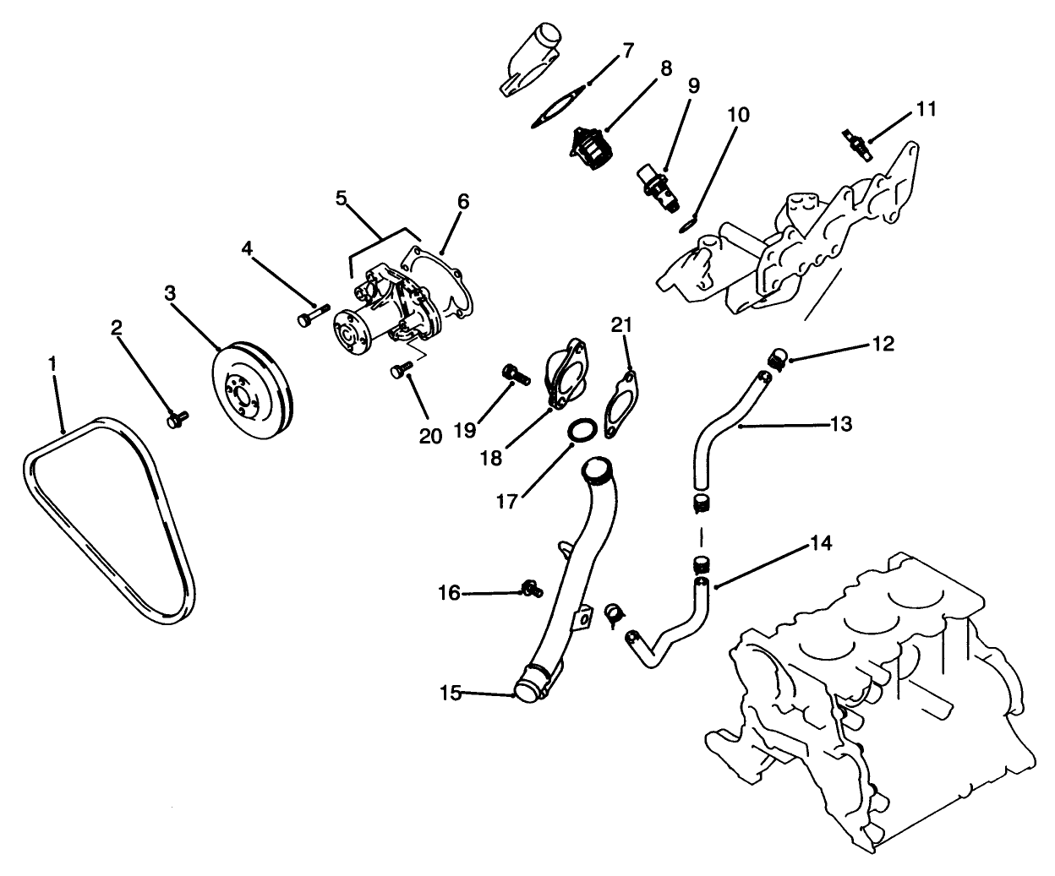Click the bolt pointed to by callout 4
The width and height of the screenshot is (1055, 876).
point(309,318)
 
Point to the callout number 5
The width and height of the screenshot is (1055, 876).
point(342,199)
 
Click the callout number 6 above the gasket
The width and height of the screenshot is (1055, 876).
point(463,202)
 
